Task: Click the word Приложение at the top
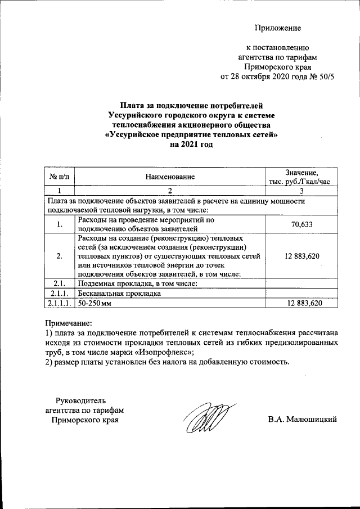pyautogui.click(x=278, y=28)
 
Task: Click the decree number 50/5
pyautogui.click(x=325, y=77)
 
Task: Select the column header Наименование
pyautogui.click(x=170, y=177)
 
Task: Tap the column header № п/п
pyautogui.click(x=59, y=177)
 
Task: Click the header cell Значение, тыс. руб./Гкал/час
pyautogui.click(x=301, y=177)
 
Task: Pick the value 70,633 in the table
pyautogui.click(x=301, y=225)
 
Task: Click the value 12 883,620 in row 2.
pyautogui.click(x=301, y=256)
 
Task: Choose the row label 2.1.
pyautogui.click(x=59, y=283)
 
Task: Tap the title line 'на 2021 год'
pyautogui.click(x=192, y=145)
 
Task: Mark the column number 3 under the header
pyautogui.click(x=301, y=191)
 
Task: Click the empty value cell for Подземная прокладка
pyautogui.click(x=301, y=283)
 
